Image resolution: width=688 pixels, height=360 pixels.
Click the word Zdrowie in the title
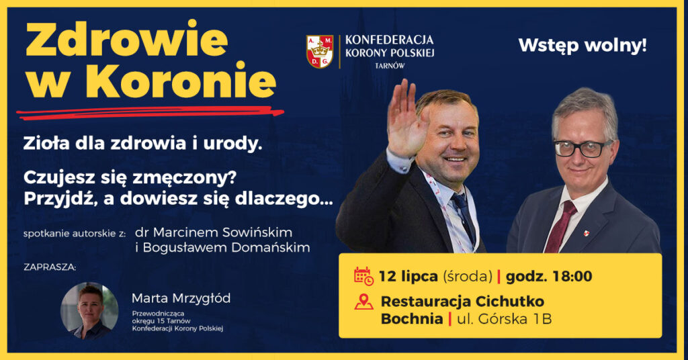coord(126,42)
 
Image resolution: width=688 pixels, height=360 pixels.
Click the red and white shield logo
coord(320,52)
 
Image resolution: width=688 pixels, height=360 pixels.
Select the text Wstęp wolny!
coord(583,46)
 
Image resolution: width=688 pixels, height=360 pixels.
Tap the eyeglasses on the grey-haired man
coord(582,148)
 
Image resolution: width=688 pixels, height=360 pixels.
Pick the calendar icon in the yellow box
coord(363,276)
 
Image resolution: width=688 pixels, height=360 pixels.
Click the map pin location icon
coord(363,302)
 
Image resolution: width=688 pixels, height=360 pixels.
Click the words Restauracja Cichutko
coord(462,301)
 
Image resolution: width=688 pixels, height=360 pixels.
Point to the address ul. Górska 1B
coord(505,319)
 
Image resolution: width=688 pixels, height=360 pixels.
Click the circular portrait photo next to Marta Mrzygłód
coord(89,310)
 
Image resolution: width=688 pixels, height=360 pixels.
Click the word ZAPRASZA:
coord(50,267)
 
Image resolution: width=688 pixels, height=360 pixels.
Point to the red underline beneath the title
coord(151,112)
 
